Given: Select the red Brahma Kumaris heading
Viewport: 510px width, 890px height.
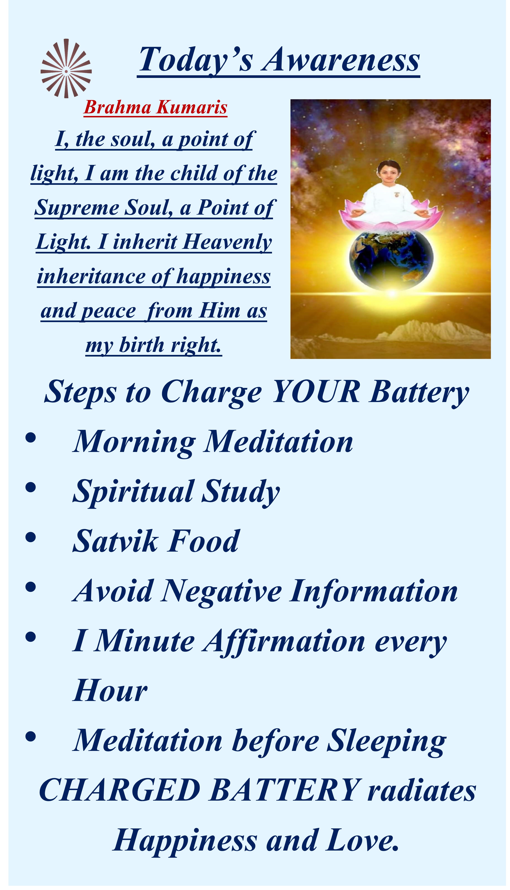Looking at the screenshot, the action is (x=156, y=107).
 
